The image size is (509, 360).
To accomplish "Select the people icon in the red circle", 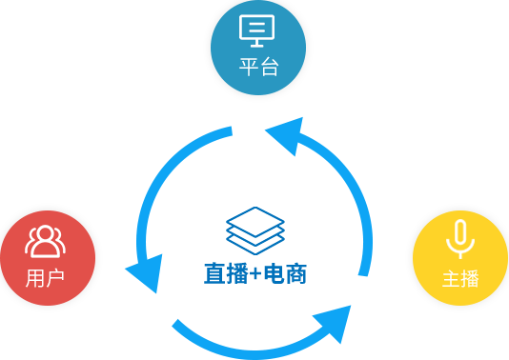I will tap(45, 242).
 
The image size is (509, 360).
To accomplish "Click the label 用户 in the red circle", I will tap(45, 278).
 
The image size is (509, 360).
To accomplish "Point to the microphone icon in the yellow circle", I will tap(460, 239).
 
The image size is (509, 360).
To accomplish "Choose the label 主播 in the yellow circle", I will tap(460, 279).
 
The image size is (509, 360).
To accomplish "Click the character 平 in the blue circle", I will tap(247, 69).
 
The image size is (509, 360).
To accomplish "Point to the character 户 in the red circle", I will tap(55, 278).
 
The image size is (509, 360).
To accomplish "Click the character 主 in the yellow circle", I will tap(450, 279).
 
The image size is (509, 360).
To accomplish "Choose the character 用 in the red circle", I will tap(34, 278).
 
